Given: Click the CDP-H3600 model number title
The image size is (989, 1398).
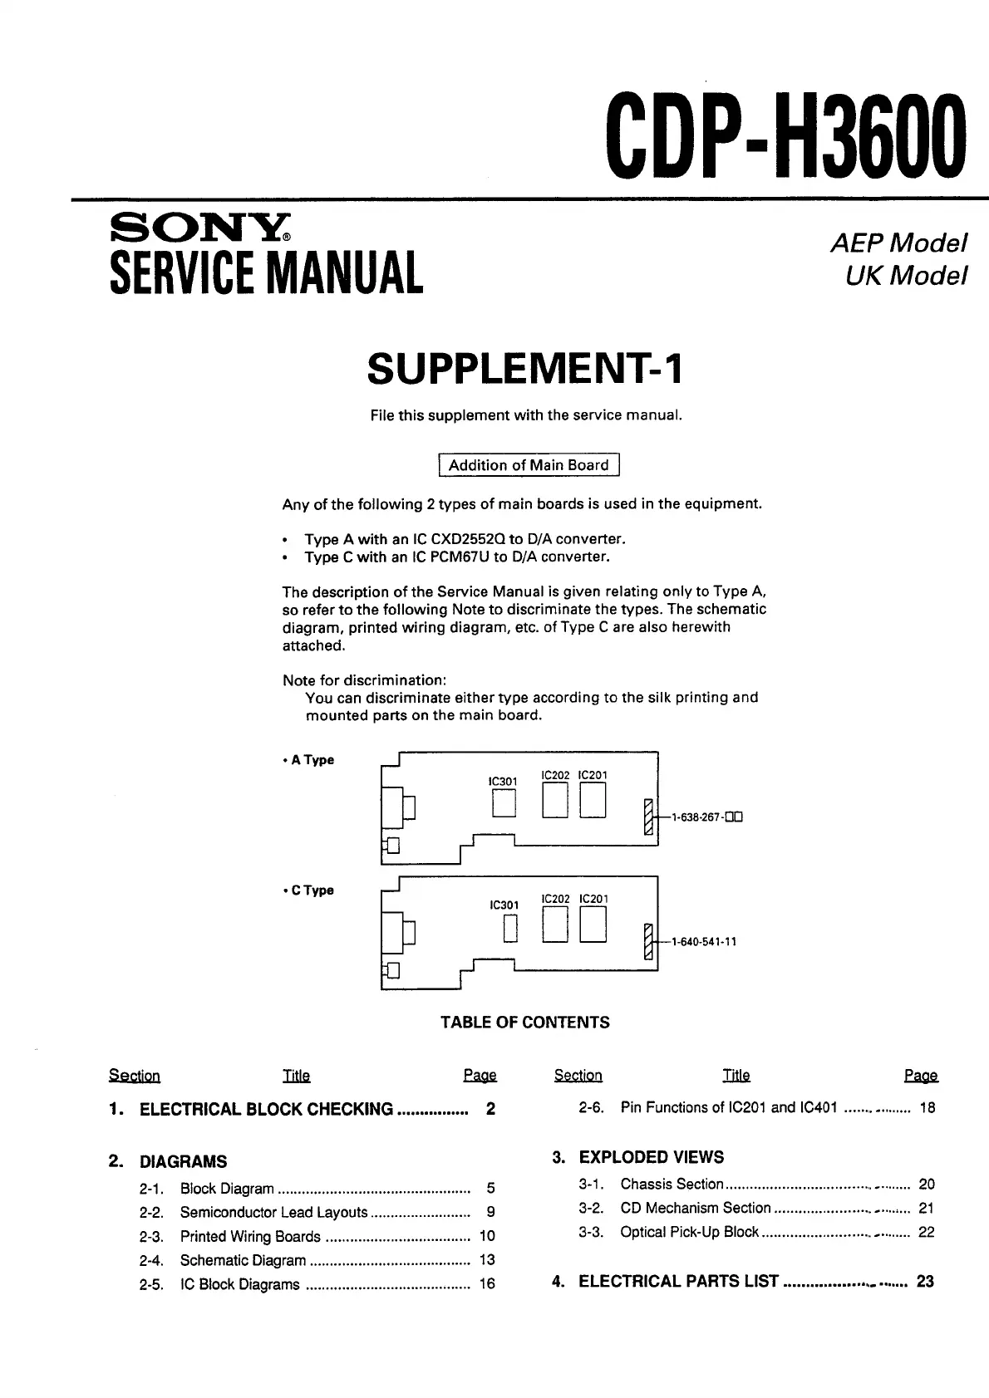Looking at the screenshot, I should click(786, 136).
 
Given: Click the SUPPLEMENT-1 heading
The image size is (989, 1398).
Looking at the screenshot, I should click(524, 369).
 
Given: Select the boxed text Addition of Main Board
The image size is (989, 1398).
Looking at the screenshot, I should click(529, 465).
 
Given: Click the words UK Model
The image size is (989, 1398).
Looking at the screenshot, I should click(906, 276).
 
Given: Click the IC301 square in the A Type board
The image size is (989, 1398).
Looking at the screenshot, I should click(504, 803).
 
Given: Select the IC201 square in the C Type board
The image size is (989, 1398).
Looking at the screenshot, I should click(593, 925).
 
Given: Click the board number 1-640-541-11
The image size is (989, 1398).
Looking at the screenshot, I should click(704, 942).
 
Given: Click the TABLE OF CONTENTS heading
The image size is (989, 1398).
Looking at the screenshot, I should click(524, 1023).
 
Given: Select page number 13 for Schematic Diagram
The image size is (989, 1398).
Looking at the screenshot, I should click(487, 1260).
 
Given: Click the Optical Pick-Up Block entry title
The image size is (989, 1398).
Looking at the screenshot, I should click(689, 1232).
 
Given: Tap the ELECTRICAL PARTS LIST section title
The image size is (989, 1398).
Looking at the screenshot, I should click(678, 1281).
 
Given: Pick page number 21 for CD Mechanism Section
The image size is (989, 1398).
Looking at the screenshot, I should click(927, 1208).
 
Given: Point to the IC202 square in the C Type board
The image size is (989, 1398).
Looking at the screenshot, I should click(555, 925).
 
